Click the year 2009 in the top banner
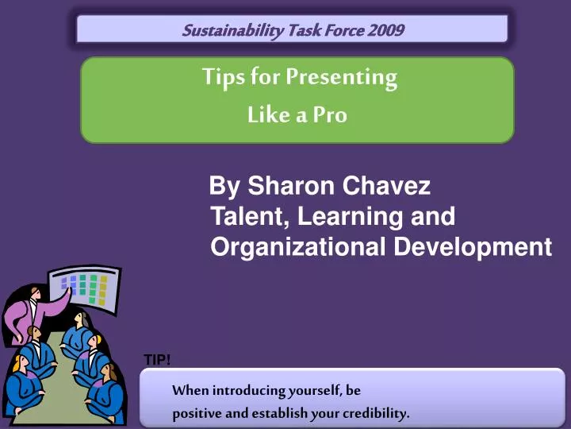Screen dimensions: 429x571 click(385, 31)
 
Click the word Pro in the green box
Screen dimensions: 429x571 click(330, 115)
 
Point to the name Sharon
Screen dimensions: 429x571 click(292, 187)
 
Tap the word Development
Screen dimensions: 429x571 click(473, 247)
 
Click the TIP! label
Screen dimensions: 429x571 click(156, 361)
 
